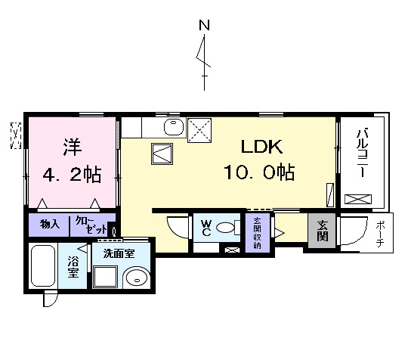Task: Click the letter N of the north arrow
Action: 203,25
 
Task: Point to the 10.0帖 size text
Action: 258,172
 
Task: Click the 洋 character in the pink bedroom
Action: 71,144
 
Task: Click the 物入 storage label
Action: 50,225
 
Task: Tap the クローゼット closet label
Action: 88,225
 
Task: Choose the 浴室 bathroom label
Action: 74,266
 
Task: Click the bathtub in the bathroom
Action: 43,266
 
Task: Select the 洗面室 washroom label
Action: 118,253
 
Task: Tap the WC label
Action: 204,227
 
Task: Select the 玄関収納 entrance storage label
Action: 257,233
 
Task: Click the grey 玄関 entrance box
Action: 321,228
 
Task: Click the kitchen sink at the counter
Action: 173,126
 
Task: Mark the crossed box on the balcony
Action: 357,200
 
